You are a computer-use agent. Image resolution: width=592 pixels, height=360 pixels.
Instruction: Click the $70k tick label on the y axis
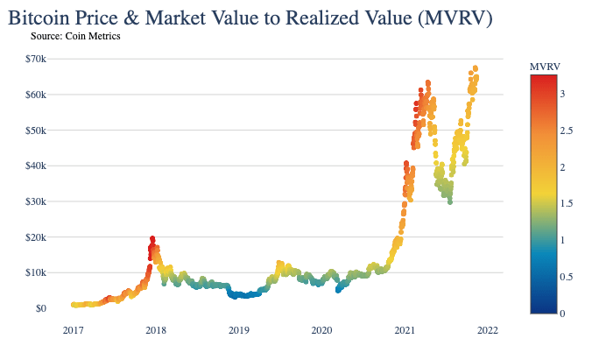click(35, 59)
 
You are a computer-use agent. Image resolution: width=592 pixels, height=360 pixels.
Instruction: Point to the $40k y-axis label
click(35, 166)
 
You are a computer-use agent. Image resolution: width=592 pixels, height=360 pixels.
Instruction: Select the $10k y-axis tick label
click(35, 272)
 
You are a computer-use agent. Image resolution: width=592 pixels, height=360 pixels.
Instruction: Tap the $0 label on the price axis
click(41, 308)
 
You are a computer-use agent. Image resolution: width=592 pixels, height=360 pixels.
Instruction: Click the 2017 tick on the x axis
click(73, 330)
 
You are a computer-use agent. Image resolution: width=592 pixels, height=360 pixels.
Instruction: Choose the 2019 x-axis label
click(239, 330)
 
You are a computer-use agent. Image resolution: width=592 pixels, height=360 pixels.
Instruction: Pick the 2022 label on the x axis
click(488, 330)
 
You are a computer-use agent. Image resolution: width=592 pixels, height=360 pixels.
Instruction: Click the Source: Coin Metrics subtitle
click(74, 36)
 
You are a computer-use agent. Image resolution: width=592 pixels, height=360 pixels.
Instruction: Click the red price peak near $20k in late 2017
click(152, 239)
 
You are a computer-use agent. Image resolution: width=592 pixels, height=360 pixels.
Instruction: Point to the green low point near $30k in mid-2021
click(449, 202)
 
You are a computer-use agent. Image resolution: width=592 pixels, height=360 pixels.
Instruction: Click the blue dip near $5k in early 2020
click(338, 290)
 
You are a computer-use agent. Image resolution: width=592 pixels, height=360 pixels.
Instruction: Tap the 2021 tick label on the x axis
click(405, 330)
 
